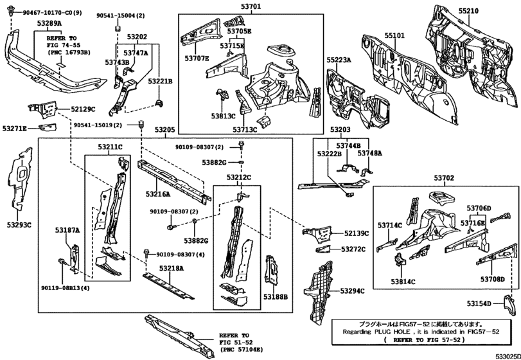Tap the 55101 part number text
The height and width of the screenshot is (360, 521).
[395, 28]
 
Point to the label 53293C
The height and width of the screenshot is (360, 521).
[19, 224]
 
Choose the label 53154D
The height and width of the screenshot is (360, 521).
[479, 303]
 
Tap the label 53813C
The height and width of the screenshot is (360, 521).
[224, 118]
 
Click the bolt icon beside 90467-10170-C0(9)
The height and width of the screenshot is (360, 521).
[9, 12]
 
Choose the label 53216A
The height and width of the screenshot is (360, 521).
[158, 193]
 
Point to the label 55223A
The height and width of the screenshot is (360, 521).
[339, 60]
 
